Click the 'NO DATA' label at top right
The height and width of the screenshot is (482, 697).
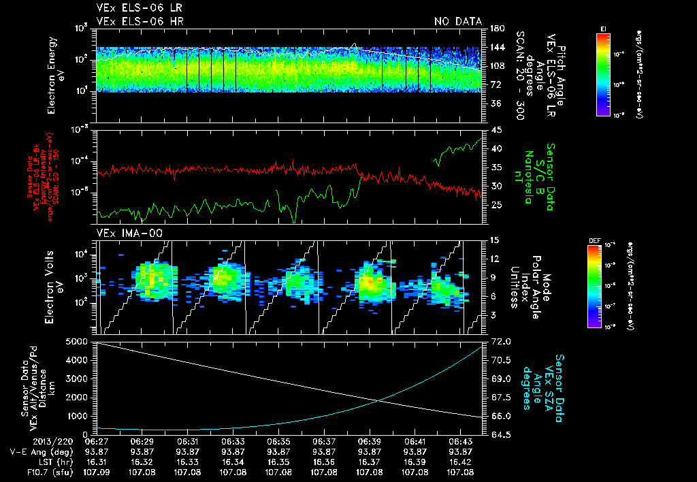(x=457, y=22)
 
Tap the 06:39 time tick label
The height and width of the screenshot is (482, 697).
(x=370, y=441)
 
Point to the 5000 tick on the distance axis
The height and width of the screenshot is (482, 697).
(x=79, y=342)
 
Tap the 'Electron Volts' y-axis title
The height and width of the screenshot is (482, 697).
(x=52, y=287)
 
